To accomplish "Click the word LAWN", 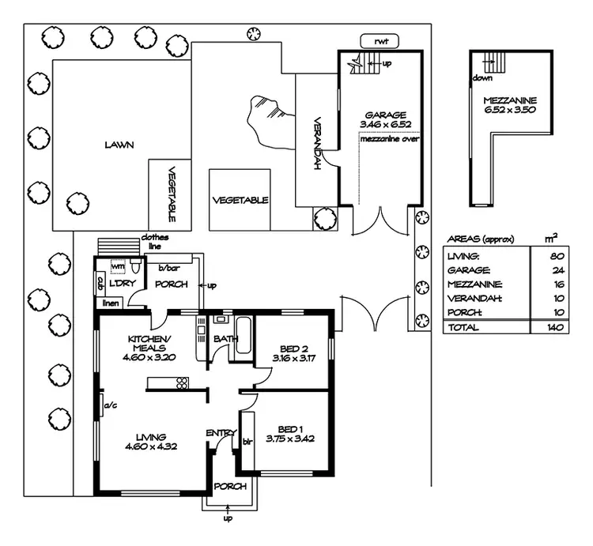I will click(119, 145).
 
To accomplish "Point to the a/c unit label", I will click(110, 408).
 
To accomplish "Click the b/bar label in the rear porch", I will click(166, 268).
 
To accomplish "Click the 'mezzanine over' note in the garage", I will click(389, 139).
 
